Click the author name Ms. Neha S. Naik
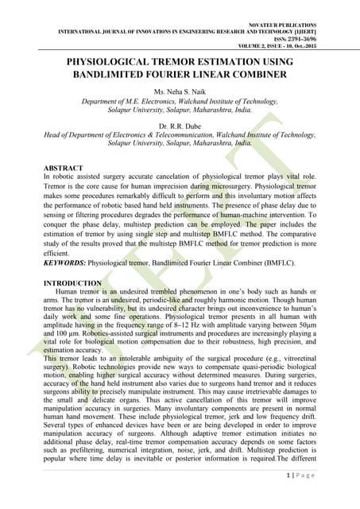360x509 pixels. click(180, 94)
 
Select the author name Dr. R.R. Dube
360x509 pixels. click(180, 126)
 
